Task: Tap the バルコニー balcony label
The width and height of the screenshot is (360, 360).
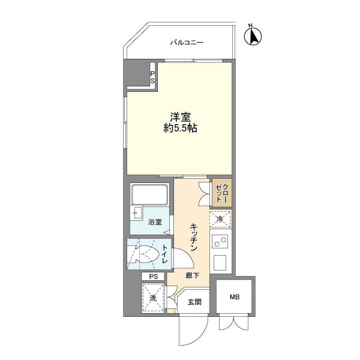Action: click(187, 43)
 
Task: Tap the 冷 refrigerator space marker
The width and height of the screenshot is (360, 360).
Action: click(220, 220)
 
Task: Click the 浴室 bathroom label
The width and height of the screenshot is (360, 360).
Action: click(155, 223)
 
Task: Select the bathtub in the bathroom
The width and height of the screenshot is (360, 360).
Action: click(149, 194)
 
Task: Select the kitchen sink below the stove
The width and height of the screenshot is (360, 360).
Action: click(220, 263)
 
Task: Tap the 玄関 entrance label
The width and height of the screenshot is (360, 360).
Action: click(194, 302)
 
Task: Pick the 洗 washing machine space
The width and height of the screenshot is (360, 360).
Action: click(152, 298)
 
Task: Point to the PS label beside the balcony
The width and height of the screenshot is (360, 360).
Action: click(152, 76)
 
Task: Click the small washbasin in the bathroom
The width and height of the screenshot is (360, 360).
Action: click(136, 212)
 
